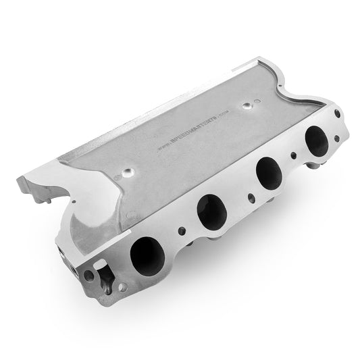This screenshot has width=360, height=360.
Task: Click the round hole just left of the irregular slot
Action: (88, 275)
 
